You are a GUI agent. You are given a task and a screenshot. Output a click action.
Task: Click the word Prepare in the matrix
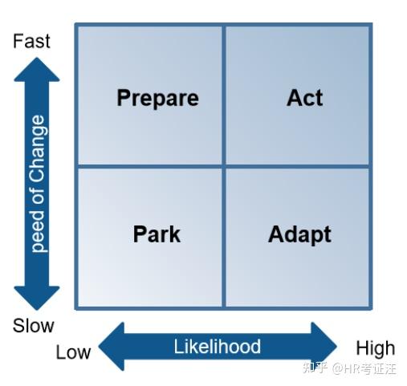coord(157,98)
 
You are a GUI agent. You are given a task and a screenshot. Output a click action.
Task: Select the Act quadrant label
coord(304,98)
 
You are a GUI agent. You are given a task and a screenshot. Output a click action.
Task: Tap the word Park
coord(157,234)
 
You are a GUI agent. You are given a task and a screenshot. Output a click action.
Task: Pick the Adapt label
coord(299,234)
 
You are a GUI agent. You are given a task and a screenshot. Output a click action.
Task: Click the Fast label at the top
coord(31,41)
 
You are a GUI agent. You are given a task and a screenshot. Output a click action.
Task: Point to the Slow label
coord(33,326)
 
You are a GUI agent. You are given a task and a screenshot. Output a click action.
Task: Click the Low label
coord(73,352)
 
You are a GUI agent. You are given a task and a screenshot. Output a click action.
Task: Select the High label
coord(375,347)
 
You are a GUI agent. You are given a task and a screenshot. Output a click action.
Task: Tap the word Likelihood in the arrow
coord(218,347)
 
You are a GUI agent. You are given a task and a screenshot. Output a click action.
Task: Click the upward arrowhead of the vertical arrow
coord(37,71)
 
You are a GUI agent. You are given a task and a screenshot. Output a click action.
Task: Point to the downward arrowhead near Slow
coord(37,298)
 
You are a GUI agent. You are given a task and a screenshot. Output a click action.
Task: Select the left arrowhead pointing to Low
coord(109,347)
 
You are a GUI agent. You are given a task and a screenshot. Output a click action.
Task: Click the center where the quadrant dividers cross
coord(224,166)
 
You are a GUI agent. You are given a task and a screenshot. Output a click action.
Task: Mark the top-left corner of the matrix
coord(76,26)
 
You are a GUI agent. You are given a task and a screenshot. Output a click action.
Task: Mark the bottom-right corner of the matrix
coord(370,307)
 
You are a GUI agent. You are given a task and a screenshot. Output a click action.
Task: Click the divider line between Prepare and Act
coord(224,96)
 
